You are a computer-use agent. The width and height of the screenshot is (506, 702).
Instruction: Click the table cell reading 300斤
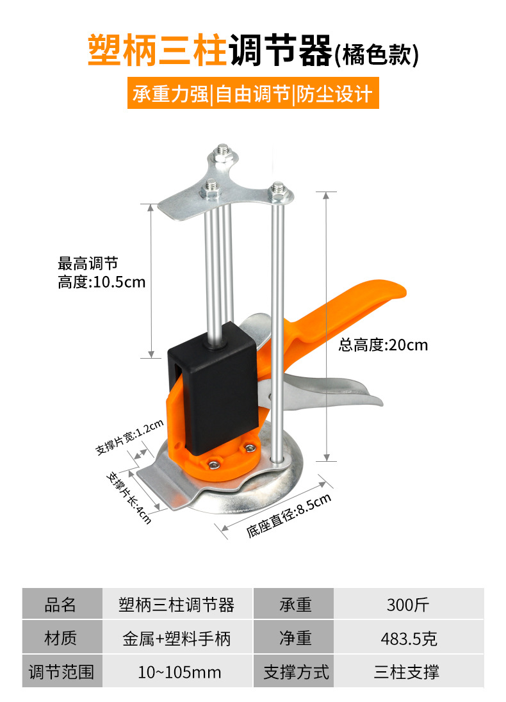408,604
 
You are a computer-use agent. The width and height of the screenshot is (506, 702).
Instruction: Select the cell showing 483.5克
408,638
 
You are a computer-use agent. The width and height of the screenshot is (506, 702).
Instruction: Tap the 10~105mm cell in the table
179,672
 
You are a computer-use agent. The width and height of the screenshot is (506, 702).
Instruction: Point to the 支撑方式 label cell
296,672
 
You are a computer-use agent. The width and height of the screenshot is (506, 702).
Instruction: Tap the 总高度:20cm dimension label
383,345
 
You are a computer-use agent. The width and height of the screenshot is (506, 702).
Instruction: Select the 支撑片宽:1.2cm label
130,437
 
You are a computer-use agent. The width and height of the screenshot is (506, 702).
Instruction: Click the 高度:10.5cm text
102,282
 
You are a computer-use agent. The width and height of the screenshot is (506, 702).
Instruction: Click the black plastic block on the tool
215,391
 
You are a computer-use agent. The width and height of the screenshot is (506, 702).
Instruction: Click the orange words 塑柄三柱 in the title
157,51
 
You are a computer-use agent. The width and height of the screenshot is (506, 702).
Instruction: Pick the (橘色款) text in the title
377,54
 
